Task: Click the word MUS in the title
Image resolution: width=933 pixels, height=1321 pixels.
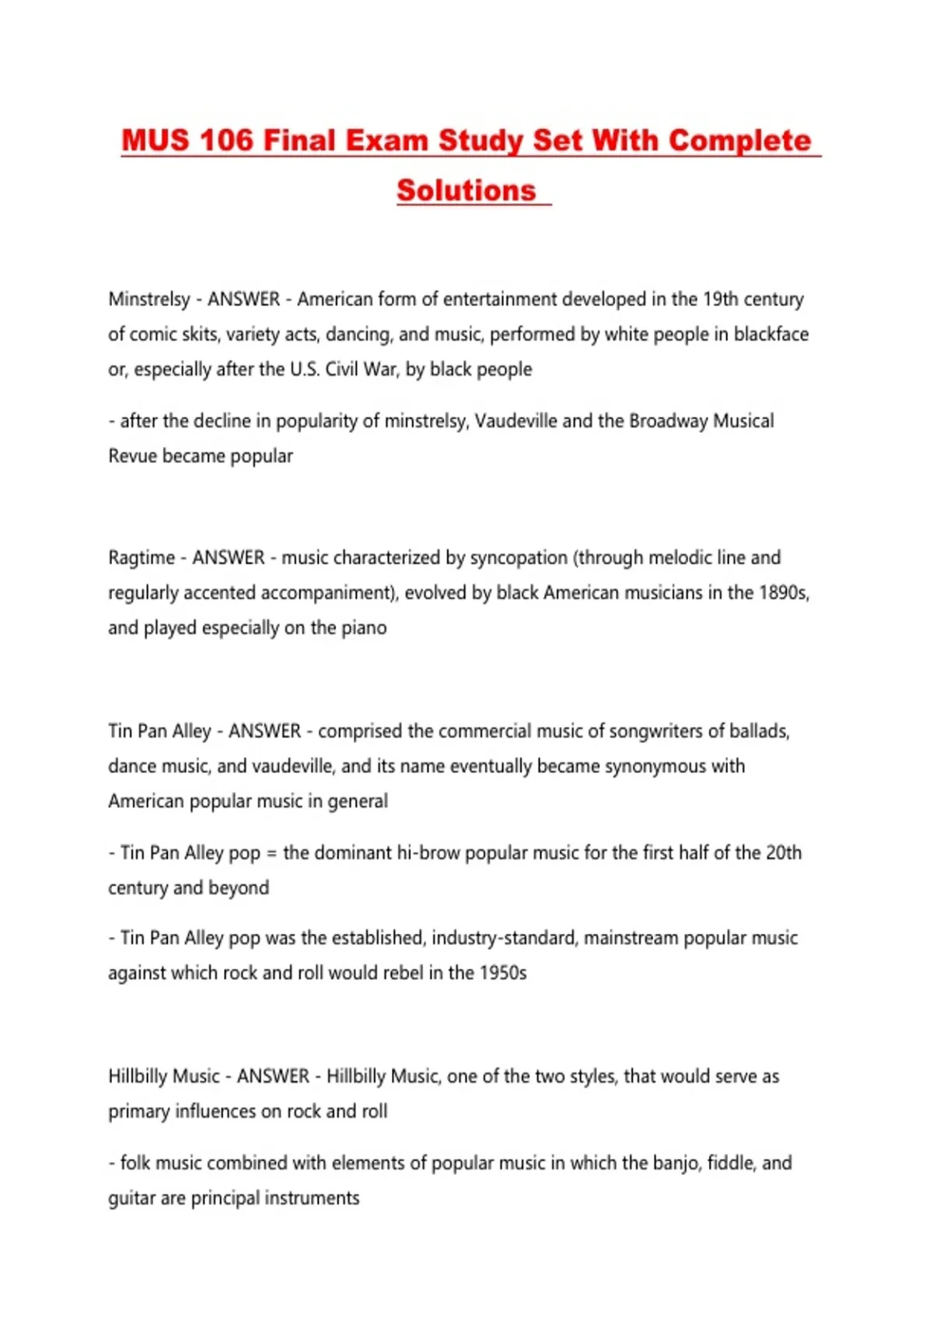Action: coord(155,141)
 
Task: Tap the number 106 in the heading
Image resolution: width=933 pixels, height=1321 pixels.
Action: coord(226,141)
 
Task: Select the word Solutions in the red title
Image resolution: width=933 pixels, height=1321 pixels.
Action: coord(466,190)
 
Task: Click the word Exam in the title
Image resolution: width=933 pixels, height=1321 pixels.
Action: coord(386,141)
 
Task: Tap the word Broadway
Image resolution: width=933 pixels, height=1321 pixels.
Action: coord(668,421)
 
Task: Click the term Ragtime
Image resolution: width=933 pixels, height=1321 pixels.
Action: coord(142,558)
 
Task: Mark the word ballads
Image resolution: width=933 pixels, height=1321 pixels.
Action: coord(757,731)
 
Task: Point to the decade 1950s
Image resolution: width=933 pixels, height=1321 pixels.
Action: coord(502,973)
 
